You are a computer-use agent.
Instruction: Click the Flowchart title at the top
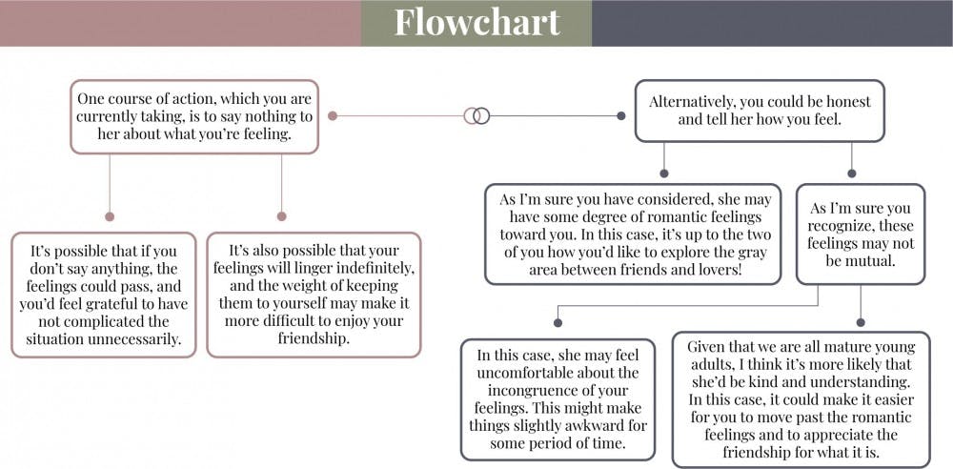point(477,22)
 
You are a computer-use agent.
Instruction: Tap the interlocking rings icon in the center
point(476,115)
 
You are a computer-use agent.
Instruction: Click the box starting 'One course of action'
point(194,116)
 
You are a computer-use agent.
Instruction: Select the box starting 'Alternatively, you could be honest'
point(760,111)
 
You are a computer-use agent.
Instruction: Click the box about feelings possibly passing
point(104,295)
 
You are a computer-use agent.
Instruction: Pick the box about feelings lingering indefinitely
point(314,295)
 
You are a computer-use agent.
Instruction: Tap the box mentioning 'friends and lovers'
point(633,234)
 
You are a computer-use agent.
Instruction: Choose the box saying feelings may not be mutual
point(861,234)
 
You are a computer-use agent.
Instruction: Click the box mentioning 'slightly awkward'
point(558,399)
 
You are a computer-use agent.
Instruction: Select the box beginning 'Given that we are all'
point(801,399)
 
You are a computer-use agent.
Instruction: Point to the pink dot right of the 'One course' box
point(333,115)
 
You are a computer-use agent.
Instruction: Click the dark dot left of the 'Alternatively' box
point(620,115)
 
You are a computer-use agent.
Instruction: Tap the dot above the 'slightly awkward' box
point(558,323)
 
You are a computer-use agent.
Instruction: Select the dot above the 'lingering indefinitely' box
point(281,216)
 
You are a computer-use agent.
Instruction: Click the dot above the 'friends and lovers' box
point(664,173)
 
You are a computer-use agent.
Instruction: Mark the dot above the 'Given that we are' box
point(861,323)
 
